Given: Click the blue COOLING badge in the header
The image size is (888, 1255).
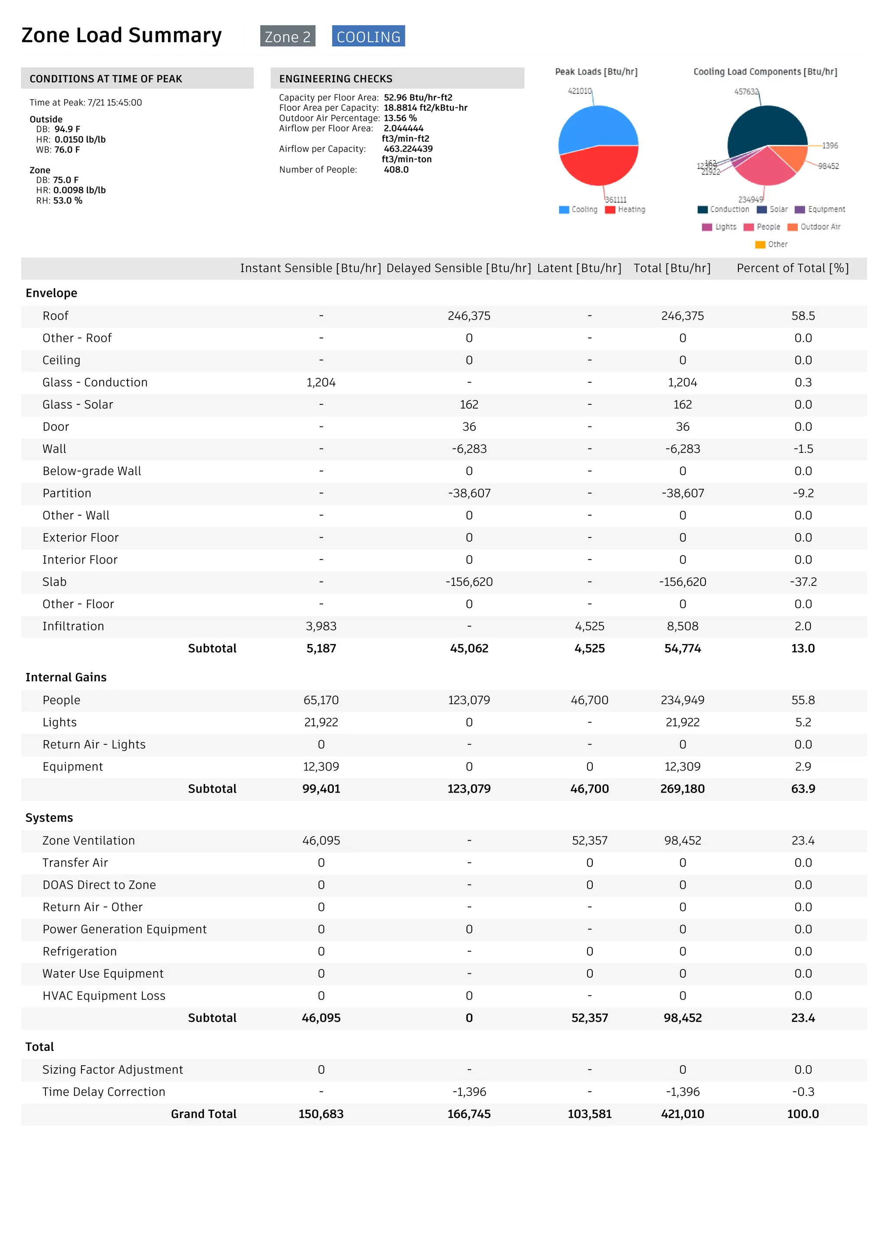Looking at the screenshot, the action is (368, 36).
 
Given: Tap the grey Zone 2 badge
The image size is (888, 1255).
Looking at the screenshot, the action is (287, 36).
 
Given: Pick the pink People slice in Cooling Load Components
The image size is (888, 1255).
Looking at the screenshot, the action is (764, 167).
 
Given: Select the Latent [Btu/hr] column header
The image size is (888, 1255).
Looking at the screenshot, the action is (579, 268).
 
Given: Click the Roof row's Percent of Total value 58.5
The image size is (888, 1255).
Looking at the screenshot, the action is (803, 316).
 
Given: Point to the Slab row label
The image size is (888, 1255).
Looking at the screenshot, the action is (55, 582).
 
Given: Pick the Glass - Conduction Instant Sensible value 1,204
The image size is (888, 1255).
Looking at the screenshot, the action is (321, 383).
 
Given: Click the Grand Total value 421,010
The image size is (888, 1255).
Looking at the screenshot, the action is (682, 1114).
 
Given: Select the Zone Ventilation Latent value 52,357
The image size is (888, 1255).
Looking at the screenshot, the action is (589, 841).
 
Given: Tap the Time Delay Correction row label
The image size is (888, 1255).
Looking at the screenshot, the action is (104, 1092).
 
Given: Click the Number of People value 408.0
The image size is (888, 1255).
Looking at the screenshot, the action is (396, 169).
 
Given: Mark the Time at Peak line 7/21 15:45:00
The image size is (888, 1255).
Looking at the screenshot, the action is (86, 102).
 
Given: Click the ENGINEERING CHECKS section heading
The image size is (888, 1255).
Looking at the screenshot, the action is (336, 79).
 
